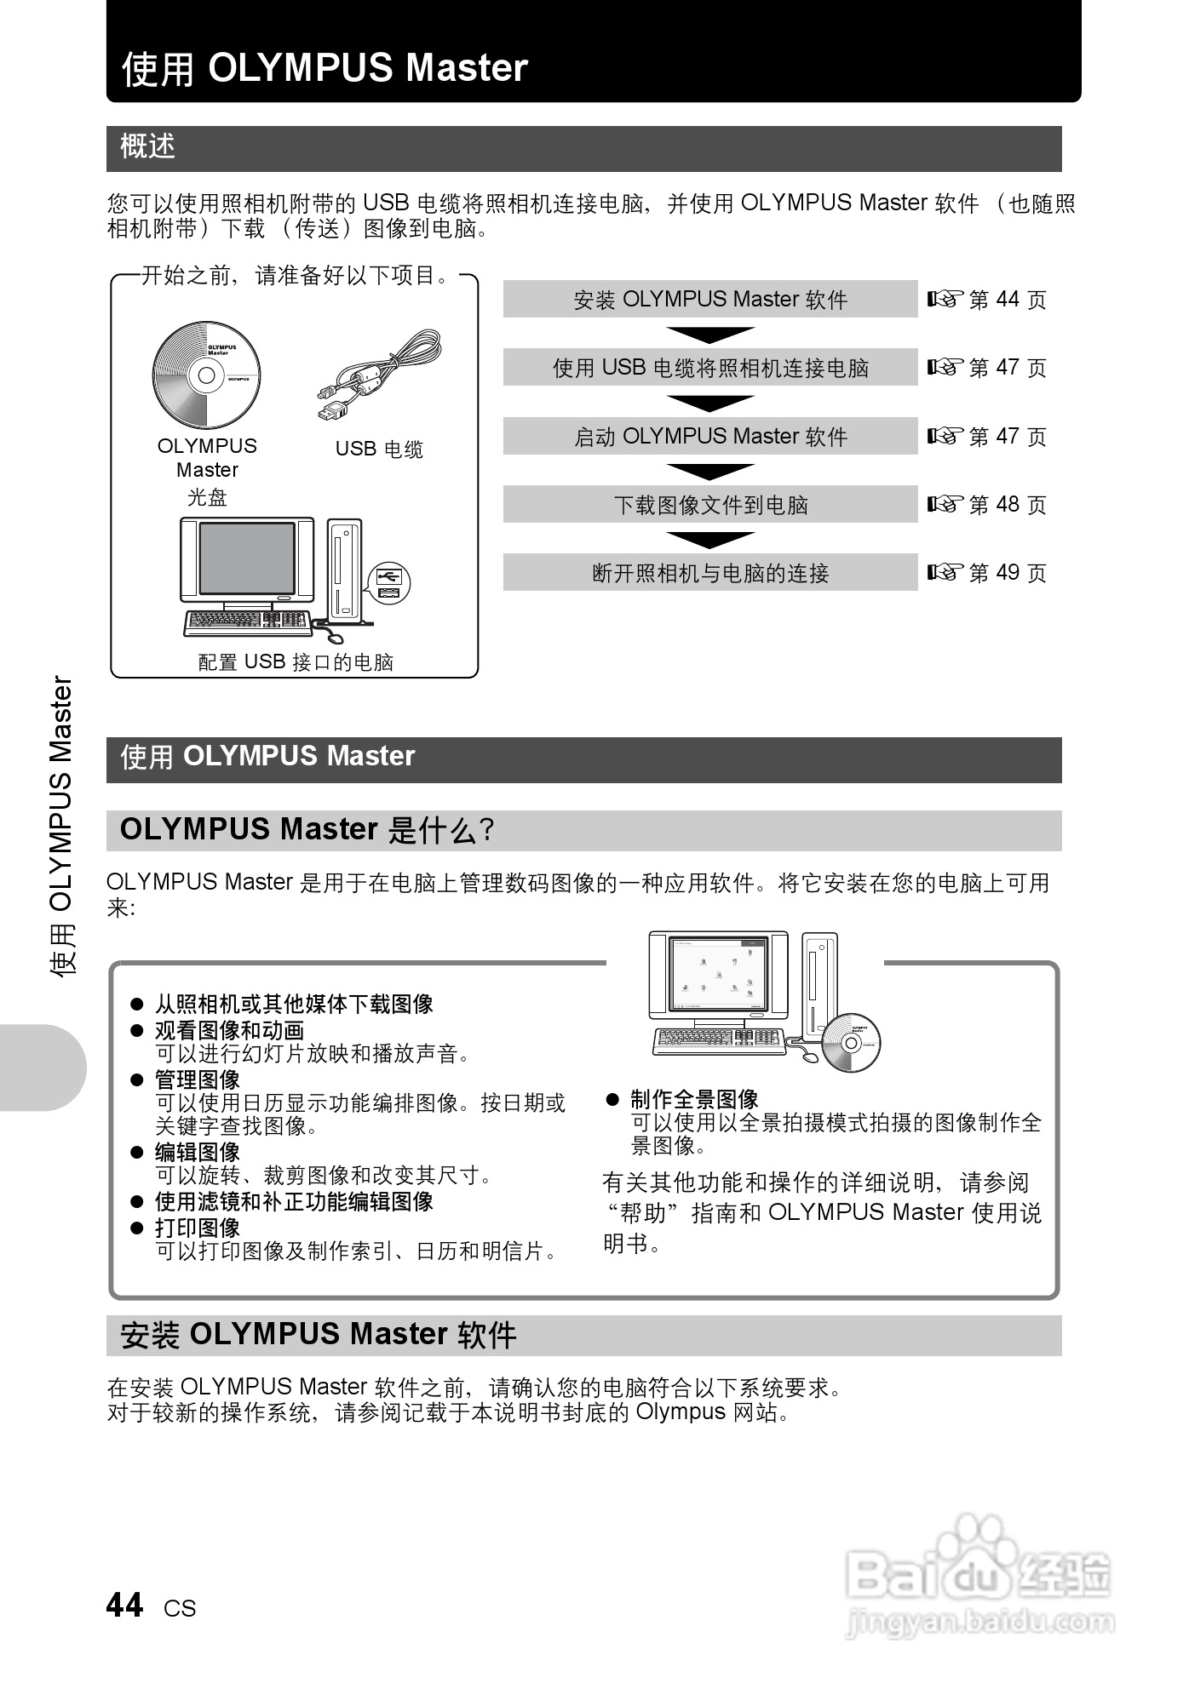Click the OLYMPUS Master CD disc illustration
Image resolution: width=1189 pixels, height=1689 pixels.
[x=206, y=375]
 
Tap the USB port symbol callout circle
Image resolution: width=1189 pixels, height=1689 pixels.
[x=389, y=582]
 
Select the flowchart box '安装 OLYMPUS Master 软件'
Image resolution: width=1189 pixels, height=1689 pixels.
[x=709, y=300]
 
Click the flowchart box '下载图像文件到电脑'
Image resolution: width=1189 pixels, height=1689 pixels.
[x=709, y=505]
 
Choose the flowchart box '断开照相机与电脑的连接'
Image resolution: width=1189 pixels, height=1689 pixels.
[x=709, y=573]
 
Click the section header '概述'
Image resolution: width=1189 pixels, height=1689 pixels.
[x=148, y=147]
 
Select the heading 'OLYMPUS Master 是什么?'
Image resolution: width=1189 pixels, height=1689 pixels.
[x=307, y=830]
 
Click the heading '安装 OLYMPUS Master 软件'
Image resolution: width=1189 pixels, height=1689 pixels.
[x=319, y=1334]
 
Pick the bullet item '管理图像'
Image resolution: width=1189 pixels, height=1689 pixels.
[x=198, y=1080]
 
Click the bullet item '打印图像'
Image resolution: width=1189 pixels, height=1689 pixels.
[x=198, y=1228]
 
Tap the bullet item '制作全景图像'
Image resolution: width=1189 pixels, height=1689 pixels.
[x=694, y=1099]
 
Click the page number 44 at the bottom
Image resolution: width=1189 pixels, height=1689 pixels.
[x=125, y=1606]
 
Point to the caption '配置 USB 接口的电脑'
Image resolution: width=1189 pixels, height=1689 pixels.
[x=296, y=662]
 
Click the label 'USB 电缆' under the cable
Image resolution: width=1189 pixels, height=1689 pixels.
[x=379, y=449]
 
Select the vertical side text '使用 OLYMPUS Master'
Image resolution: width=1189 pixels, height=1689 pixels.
[x=61, y=826]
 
